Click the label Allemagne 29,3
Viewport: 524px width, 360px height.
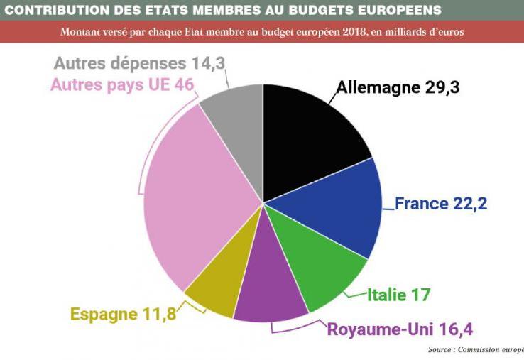coord(398,88)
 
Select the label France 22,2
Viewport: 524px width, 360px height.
coord(441,204)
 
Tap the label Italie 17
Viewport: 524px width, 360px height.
coord(399,294)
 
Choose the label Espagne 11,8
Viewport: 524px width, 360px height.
coord(123,313)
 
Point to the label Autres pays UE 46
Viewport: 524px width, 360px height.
coord(122,84)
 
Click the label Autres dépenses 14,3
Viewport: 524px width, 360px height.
coord(139,63)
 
